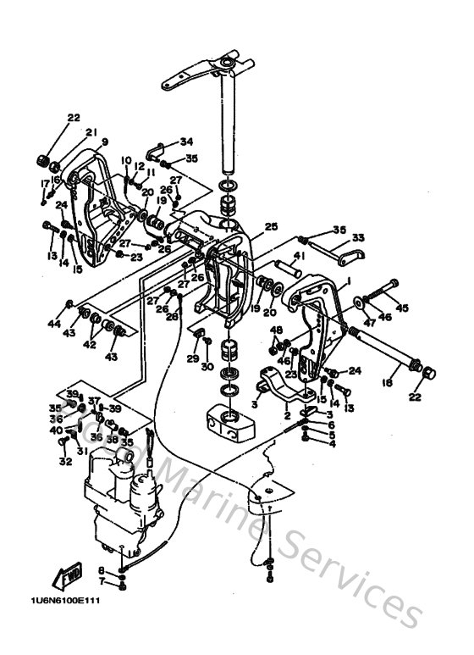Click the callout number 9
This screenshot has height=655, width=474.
105,142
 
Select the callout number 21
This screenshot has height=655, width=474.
91,131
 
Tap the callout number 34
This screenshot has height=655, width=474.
186,142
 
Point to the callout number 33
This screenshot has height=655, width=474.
358,238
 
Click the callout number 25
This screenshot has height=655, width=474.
271,227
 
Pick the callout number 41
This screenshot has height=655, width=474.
299,255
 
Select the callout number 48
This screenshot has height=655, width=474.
275,330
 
